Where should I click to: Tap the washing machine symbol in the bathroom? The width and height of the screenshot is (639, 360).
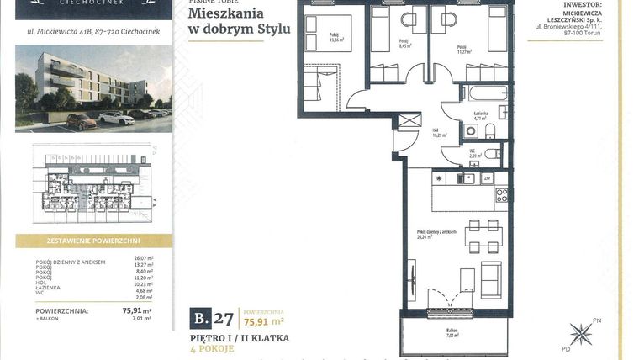pyautogui.click(x=502, y=118)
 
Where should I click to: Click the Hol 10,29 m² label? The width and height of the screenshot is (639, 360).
pyautogui.click(x=439, y=131)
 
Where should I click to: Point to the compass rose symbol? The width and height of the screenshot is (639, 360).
pyautogui.click(x=580, y=334)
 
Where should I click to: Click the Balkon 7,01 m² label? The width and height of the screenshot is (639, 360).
pyautogui.click(x=454, y=333)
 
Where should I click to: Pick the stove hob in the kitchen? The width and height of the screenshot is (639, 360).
pyautogui.click(x=501, y=195)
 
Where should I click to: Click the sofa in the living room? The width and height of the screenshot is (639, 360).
pyautogui.click(x=490, y=277)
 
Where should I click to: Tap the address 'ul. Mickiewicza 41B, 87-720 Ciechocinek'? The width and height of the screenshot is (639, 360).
pyautogui.click(x=92, y=34)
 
